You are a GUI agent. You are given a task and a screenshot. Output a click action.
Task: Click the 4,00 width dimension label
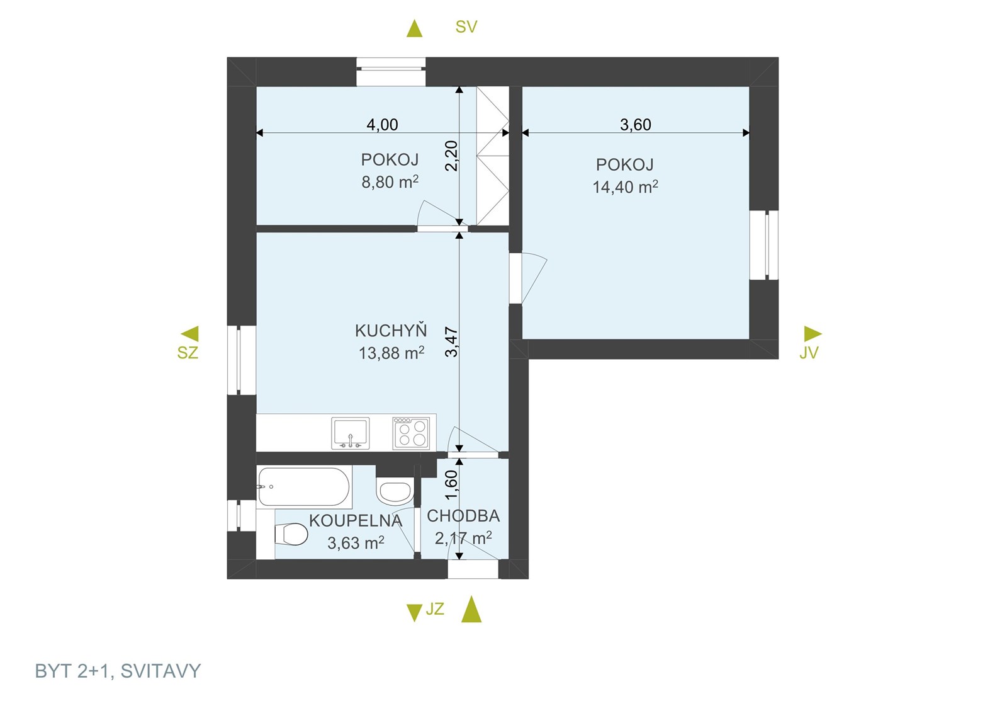click(382, 125)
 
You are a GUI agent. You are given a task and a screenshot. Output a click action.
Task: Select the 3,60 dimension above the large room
click(635, 125)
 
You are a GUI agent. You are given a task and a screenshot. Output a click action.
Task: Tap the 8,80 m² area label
click(390, 182)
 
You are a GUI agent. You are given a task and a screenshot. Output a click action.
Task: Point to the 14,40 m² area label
click(626, 187)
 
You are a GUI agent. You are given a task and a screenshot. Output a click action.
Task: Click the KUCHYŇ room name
click(391, 330)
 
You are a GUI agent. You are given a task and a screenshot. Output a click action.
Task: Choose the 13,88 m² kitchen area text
click(391, 353)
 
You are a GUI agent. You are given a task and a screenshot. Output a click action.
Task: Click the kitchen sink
click(350, 433)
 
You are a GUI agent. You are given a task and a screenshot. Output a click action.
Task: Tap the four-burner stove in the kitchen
click(411, 433)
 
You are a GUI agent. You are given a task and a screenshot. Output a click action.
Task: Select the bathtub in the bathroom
click(304, 487)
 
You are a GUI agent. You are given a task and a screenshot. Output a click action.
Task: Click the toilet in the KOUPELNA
click(291, 534)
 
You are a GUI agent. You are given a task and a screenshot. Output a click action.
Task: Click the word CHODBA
click(463, 516)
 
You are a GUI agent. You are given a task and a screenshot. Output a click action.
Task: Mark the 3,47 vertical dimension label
click(451, 343)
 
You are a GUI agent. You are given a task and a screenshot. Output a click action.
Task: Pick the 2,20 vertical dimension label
click(451, 156)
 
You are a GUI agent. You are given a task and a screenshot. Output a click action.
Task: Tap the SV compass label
click(466, 27)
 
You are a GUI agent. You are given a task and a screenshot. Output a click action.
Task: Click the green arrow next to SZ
click(189, 334)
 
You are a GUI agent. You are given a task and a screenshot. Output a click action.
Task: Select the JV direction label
click(808, 353)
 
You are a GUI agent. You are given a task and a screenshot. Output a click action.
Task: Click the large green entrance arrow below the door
click(471, 609)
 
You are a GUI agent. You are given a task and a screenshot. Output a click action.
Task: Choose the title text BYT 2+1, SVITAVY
click(118, 671)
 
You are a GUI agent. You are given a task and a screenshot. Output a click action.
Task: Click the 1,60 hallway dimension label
click(451, 485)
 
